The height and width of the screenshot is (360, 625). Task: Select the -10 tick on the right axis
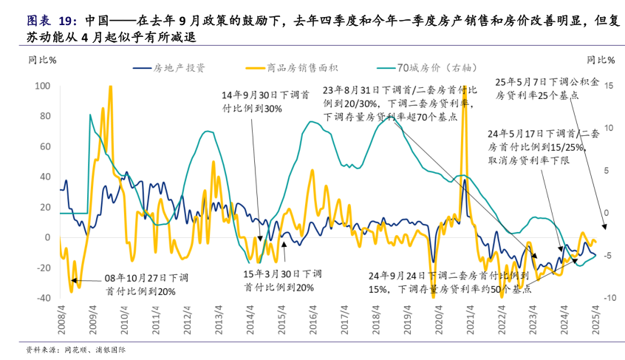pos(603,298)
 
